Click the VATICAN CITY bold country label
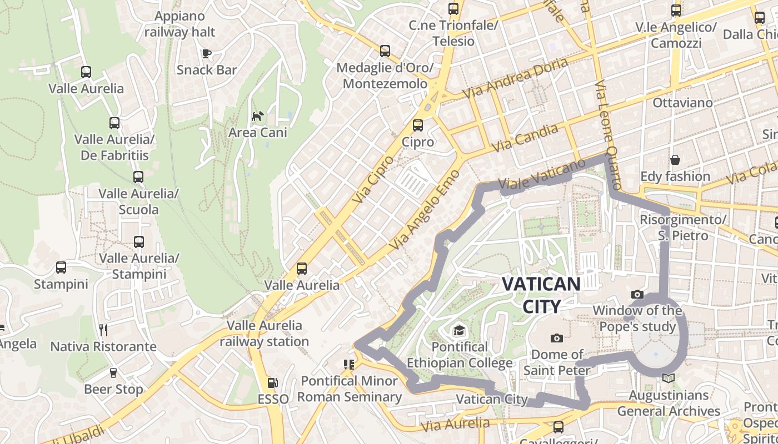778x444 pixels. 541,295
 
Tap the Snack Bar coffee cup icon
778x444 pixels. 207,53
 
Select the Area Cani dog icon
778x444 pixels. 258,116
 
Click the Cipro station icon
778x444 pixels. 418,125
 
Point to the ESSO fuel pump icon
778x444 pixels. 272,382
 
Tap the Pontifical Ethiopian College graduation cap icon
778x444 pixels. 459,331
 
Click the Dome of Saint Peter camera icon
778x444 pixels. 556,338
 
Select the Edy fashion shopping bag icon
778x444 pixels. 675,160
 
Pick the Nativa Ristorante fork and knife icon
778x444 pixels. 103,330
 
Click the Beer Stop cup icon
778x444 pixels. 113,372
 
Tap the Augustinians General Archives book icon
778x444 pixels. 669,379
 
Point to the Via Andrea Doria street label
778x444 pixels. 515,78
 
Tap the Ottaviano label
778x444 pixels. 682,103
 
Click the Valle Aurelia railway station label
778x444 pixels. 265,333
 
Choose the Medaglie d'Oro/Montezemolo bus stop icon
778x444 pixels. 385,51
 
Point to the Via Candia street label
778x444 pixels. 525,138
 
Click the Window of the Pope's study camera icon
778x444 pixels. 637,294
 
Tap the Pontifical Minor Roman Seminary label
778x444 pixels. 350,389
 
